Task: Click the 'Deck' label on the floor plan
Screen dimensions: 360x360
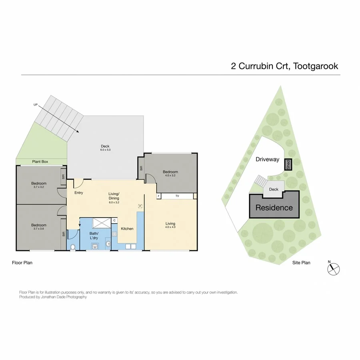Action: click(x=105, y=146)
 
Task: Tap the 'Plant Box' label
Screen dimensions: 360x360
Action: click(x=40, y=162)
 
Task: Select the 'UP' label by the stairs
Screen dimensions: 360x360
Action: click(x=36, y=105)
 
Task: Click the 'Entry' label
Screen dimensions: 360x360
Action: click(x=78, y=193)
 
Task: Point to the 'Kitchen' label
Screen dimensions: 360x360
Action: click(x=127, y=228)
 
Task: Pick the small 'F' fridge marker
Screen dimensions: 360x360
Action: click(x=140, y=206)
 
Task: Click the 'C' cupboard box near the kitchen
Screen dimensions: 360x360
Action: click(x=114, y=220)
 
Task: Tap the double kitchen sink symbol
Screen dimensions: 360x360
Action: click(x=130, y=247)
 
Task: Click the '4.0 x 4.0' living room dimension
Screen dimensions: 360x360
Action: click(x=170, y=227)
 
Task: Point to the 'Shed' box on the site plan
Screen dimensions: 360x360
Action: click(x=288, y=164)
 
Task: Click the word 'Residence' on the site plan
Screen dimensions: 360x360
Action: click(x=274, y=208)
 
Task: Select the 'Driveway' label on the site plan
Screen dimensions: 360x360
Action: click(x=267, y=159)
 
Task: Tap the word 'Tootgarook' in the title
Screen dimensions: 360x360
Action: click(x=316, y=66)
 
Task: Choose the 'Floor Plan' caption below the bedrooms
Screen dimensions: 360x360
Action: click(x=22, y=263)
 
